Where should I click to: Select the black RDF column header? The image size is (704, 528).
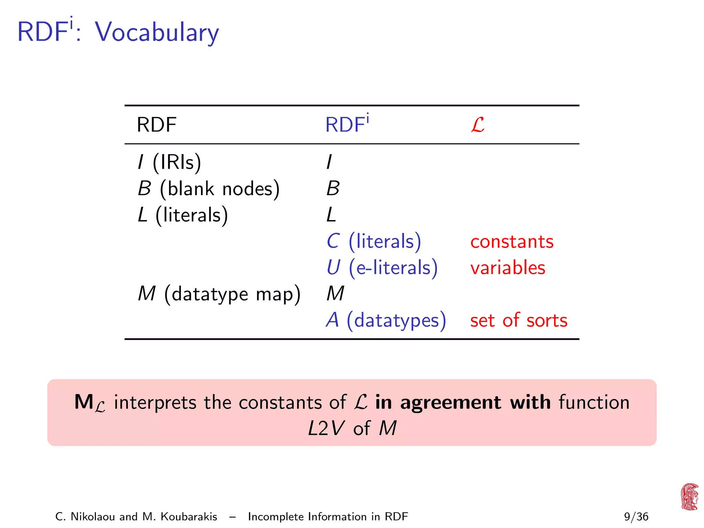(x=156, y=125)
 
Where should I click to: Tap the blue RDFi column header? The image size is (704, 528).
(x=346, y=124)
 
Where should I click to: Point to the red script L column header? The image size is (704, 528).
(x=477, y=125)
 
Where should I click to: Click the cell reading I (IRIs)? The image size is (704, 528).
(x=169, y=162)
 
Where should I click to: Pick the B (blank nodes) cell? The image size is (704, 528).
(x=209, y=188)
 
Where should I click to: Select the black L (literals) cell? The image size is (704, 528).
(x=183, y=215)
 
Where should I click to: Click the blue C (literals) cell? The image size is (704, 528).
(x=374, y=241)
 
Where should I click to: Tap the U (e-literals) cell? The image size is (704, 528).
(x=382, y=268)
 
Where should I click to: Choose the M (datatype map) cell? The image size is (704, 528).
(x=219, y=294)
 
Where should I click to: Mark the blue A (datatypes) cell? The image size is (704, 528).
(x=386, y=320)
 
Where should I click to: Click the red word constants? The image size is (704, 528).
(x=512, y=242)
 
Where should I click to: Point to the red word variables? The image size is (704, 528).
(x=508, y=268)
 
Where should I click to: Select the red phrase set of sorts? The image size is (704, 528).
(x=518, y=320)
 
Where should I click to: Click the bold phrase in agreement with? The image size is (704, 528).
(x=463, y=402)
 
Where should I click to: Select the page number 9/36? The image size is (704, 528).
(x=636, y=517)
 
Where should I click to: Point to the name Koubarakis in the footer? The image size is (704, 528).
(x=189, y=517)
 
